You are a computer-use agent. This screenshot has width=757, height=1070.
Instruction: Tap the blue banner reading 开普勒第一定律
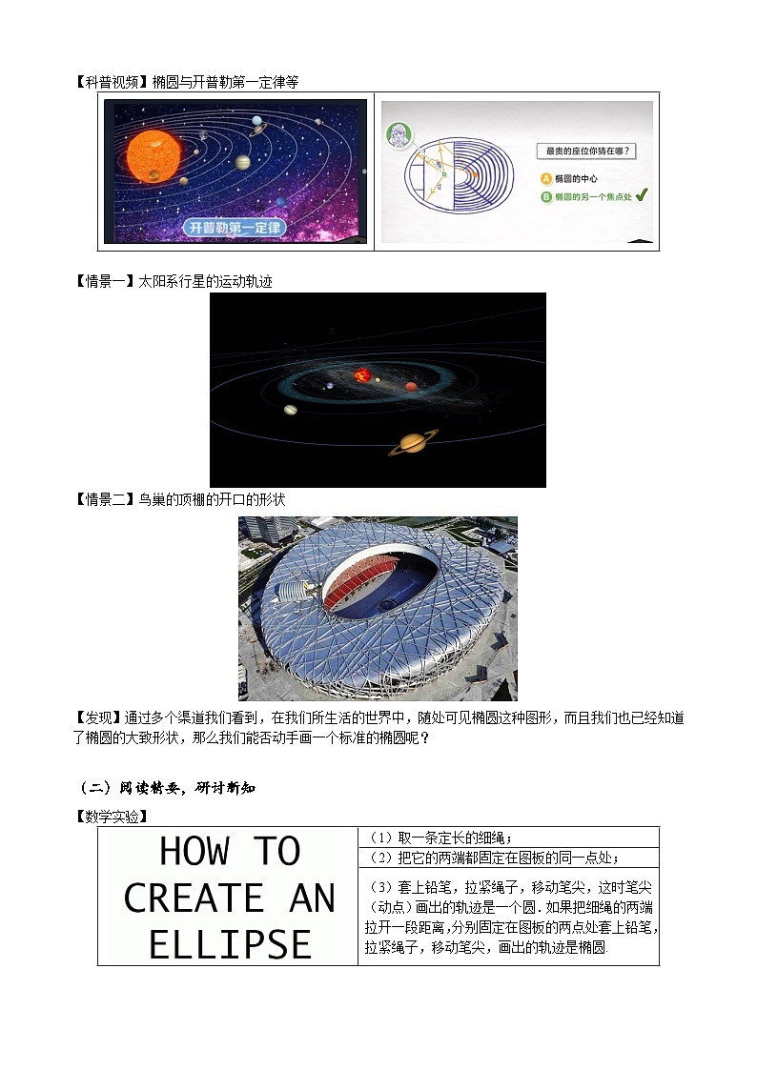tap(235, 228)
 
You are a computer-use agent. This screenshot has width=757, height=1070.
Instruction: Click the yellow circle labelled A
tap(546, 178)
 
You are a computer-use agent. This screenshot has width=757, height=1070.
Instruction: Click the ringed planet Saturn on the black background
tap(414, 441)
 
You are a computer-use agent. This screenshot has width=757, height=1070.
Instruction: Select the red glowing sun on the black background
tap(362, 375)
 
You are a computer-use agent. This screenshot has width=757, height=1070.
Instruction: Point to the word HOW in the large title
tap(190, 851)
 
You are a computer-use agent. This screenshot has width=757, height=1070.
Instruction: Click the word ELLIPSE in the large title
tap(230, 943)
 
